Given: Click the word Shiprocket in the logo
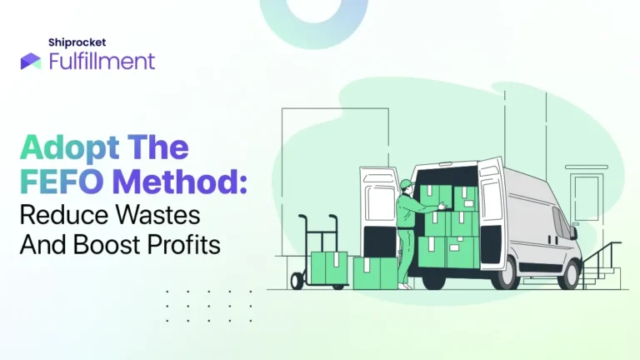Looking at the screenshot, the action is (x=77, y=42).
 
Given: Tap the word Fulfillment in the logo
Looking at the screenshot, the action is (x=102, y=61).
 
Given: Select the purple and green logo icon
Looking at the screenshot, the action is (x=31, y=61).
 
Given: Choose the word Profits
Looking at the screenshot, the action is (x=183, y=245).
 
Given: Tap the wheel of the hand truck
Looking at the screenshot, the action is (x=297, y=281).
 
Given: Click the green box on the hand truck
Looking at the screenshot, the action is (x=329, y=267).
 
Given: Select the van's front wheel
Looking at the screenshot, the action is (x=569, y=274).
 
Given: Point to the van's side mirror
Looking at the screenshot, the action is (x=573, y=232).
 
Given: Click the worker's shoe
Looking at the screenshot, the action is (x=405, y=287).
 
